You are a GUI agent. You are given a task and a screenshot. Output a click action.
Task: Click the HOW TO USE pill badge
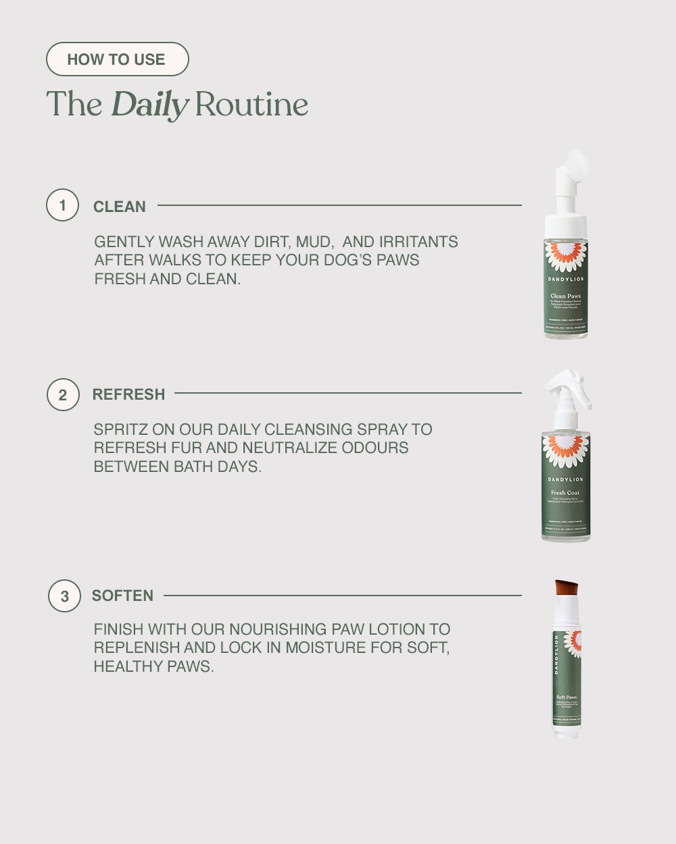click(x=117, y=59)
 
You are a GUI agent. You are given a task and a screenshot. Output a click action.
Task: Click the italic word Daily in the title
click(x=149, y=105)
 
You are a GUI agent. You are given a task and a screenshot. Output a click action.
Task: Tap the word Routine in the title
click(x=251, y=105)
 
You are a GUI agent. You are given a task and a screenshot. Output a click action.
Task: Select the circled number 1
click(x=63, y=205)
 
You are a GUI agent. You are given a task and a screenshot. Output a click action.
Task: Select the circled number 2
click(x=63, y=395)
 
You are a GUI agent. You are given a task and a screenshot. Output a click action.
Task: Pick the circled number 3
click(x=64, y=596)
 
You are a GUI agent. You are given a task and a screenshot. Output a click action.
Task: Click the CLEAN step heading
click(x=120, y=207)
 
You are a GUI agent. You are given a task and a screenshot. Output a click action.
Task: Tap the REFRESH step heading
click(x=128, y=394)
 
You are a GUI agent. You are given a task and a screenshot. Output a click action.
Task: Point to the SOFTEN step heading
click(x=122, y=596)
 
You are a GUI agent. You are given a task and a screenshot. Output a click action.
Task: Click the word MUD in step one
click(x=312, y=242)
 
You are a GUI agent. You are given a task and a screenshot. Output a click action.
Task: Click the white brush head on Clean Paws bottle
click(x=577, y=165)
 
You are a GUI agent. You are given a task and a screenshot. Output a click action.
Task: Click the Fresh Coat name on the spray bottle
click(x=565, y=493)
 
